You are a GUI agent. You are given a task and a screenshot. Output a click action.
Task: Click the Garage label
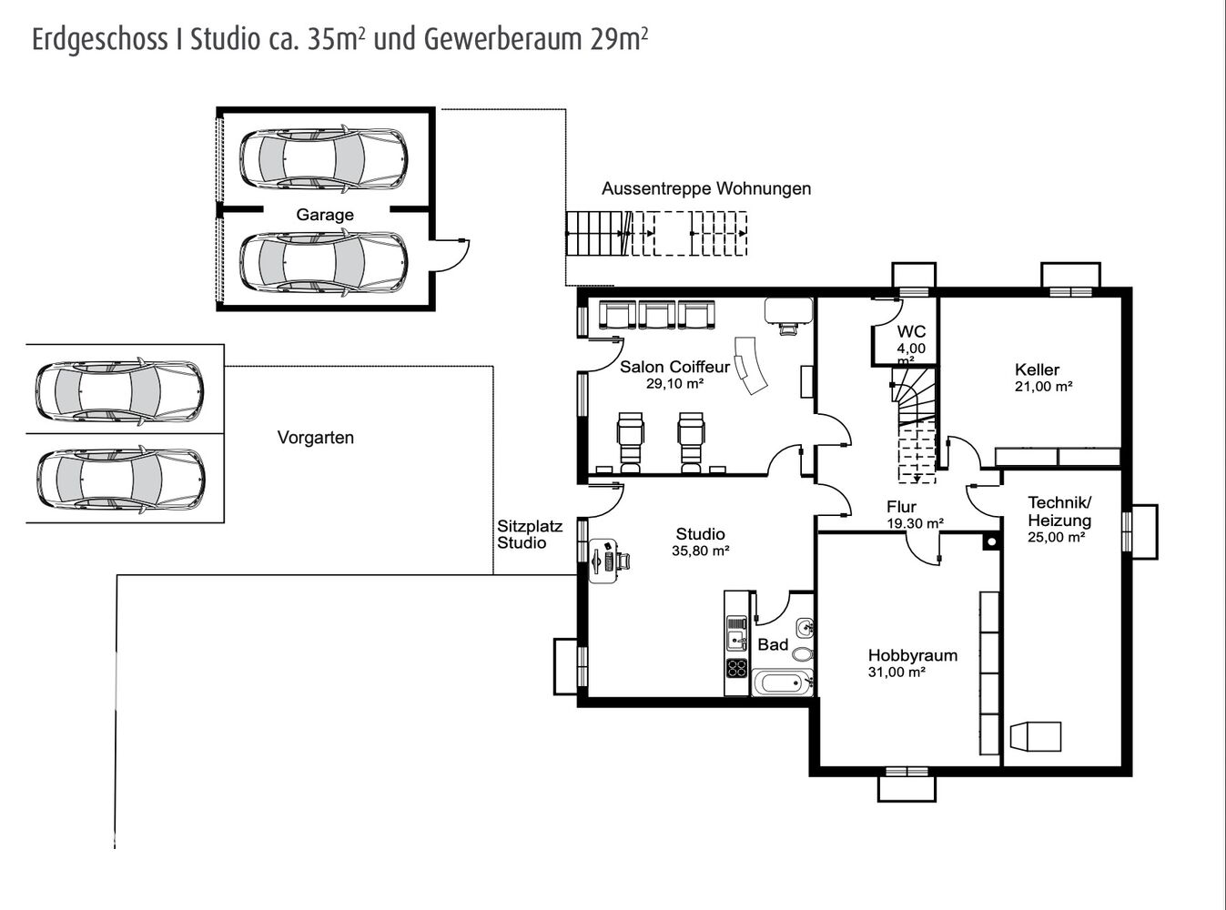pos(324,215)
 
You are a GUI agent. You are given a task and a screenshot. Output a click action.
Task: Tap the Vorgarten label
pos(316,438)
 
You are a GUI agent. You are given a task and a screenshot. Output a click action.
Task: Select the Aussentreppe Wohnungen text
pos(706,188)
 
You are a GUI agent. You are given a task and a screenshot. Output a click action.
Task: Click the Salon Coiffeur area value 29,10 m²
pos(674,383)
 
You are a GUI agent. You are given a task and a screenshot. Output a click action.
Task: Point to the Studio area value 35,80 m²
pos(700,551)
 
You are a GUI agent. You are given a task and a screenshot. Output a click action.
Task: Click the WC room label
pos(911,331)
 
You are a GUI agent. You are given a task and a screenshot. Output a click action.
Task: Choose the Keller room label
pos(1037,369)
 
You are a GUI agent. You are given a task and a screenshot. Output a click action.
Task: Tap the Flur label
pos(902,507)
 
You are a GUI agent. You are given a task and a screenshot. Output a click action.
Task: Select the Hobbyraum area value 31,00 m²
pos(897,672)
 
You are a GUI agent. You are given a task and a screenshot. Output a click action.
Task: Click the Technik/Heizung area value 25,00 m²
pos(1057,537)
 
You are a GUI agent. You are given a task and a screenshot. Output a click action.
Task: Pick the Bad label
pos(773,644)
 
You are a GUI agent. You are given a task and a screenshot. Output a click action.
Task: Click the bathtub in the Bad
pos(782,682)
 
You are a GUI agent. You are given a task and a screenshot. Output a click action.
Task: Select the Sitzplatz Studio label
pos(529,534)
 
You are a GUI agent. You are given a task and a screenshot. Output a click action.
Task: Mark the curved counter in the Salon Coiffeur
pos(751,366)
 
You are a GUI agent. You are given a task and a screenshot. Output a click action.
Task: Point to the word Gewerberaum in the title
pos(503,40)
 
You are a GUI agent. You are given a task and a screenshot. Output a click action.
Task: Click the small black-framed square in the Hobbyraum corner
pos(992,541)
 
